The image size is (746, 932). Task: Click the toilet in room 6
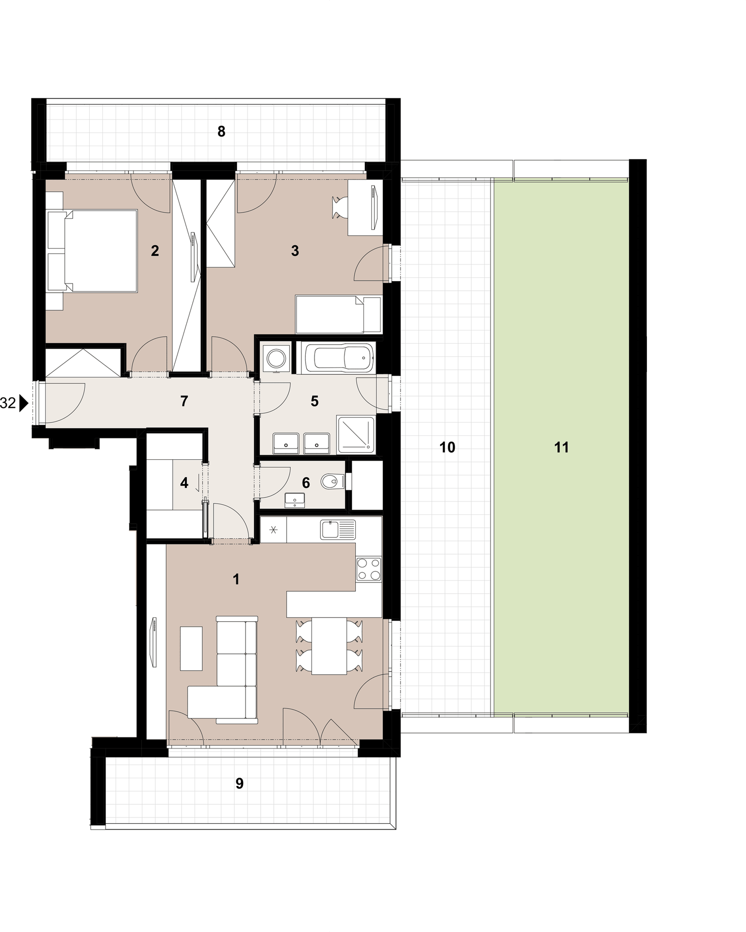(x=332, y=482)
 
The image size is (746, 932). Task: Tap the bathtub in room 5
(x=335, y=358)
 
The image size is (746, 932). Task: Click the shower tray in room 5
(x=356, y=434)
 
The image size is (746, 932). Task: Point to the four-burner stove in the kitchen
(x=369, y=569)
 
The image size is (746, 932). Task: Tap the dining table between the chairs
(x=329, y=646)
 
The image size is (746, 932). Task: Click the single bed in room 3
(x=339, y=314)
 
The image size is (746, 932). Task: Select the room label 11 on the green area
(x=562, y=447)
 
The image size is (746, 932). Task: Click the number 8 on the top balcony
(x=221, y=131)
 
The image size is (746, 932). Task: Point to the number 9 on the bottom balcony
(x=239, y=783)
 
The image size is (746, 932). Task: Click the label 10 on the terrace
(x=448, y=447)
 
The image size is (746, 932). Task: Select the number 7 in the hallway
(x=184, y=401)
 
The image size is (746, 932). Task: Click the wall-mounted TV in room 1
(x=154, y=642)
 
